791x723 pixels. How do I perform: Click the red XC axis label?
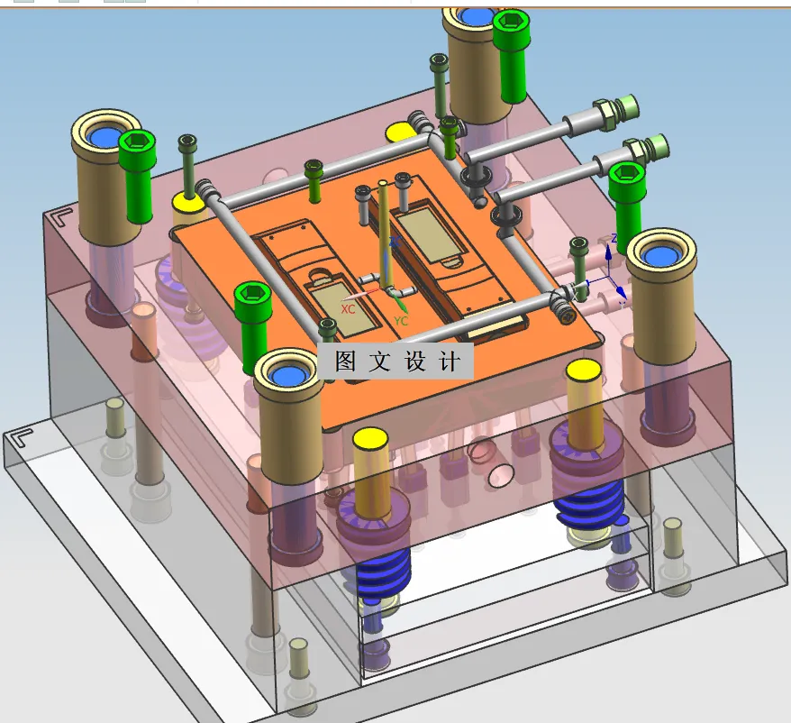[348, 308]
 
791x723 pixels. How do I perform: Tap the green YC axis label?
[401, 321]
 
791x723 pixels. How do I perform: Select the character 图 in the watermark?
[346, 361]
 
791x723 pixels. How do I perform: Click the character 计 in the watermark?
[449, 361]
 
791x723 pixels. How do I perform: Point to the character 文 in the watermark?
[379, 361]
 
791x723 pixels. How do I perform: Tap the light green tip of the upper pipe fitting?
[628, 106]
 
